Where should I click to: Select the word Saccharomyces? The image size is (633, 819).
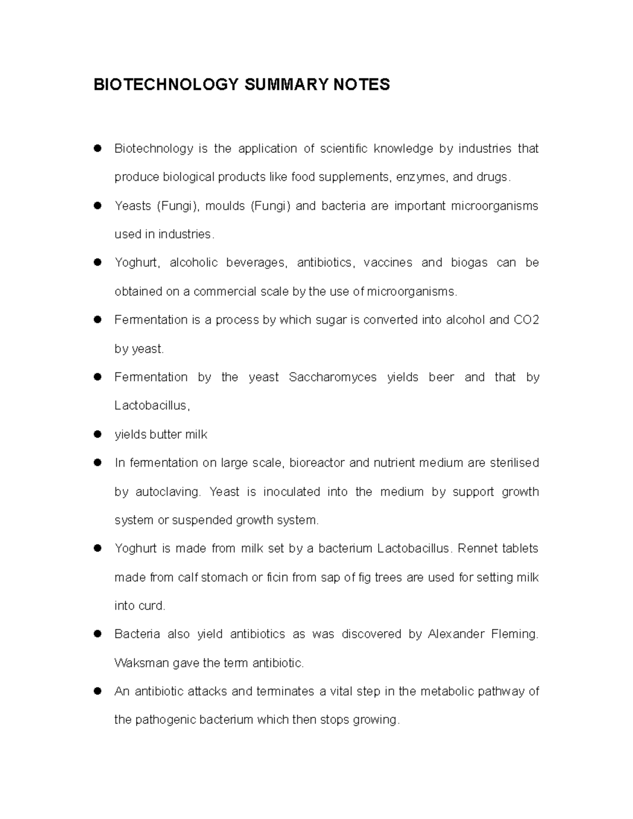(332, 377)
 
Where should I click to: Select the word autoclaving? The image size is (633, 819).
(168, 492)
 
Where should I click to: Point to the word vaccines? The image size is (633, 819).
(388, 263)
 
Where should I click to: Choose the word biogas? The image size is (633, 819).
(469, 263)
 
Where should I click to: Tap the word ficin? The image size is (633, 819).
(276, 577)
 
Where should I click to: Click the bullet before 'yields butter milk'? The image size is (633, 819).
(97, 435)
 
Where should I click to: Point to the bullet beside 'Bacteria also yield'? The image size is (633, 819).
(97, 634)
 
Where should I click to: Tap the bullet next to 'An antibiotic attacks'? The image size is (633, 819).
(97, 691)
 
